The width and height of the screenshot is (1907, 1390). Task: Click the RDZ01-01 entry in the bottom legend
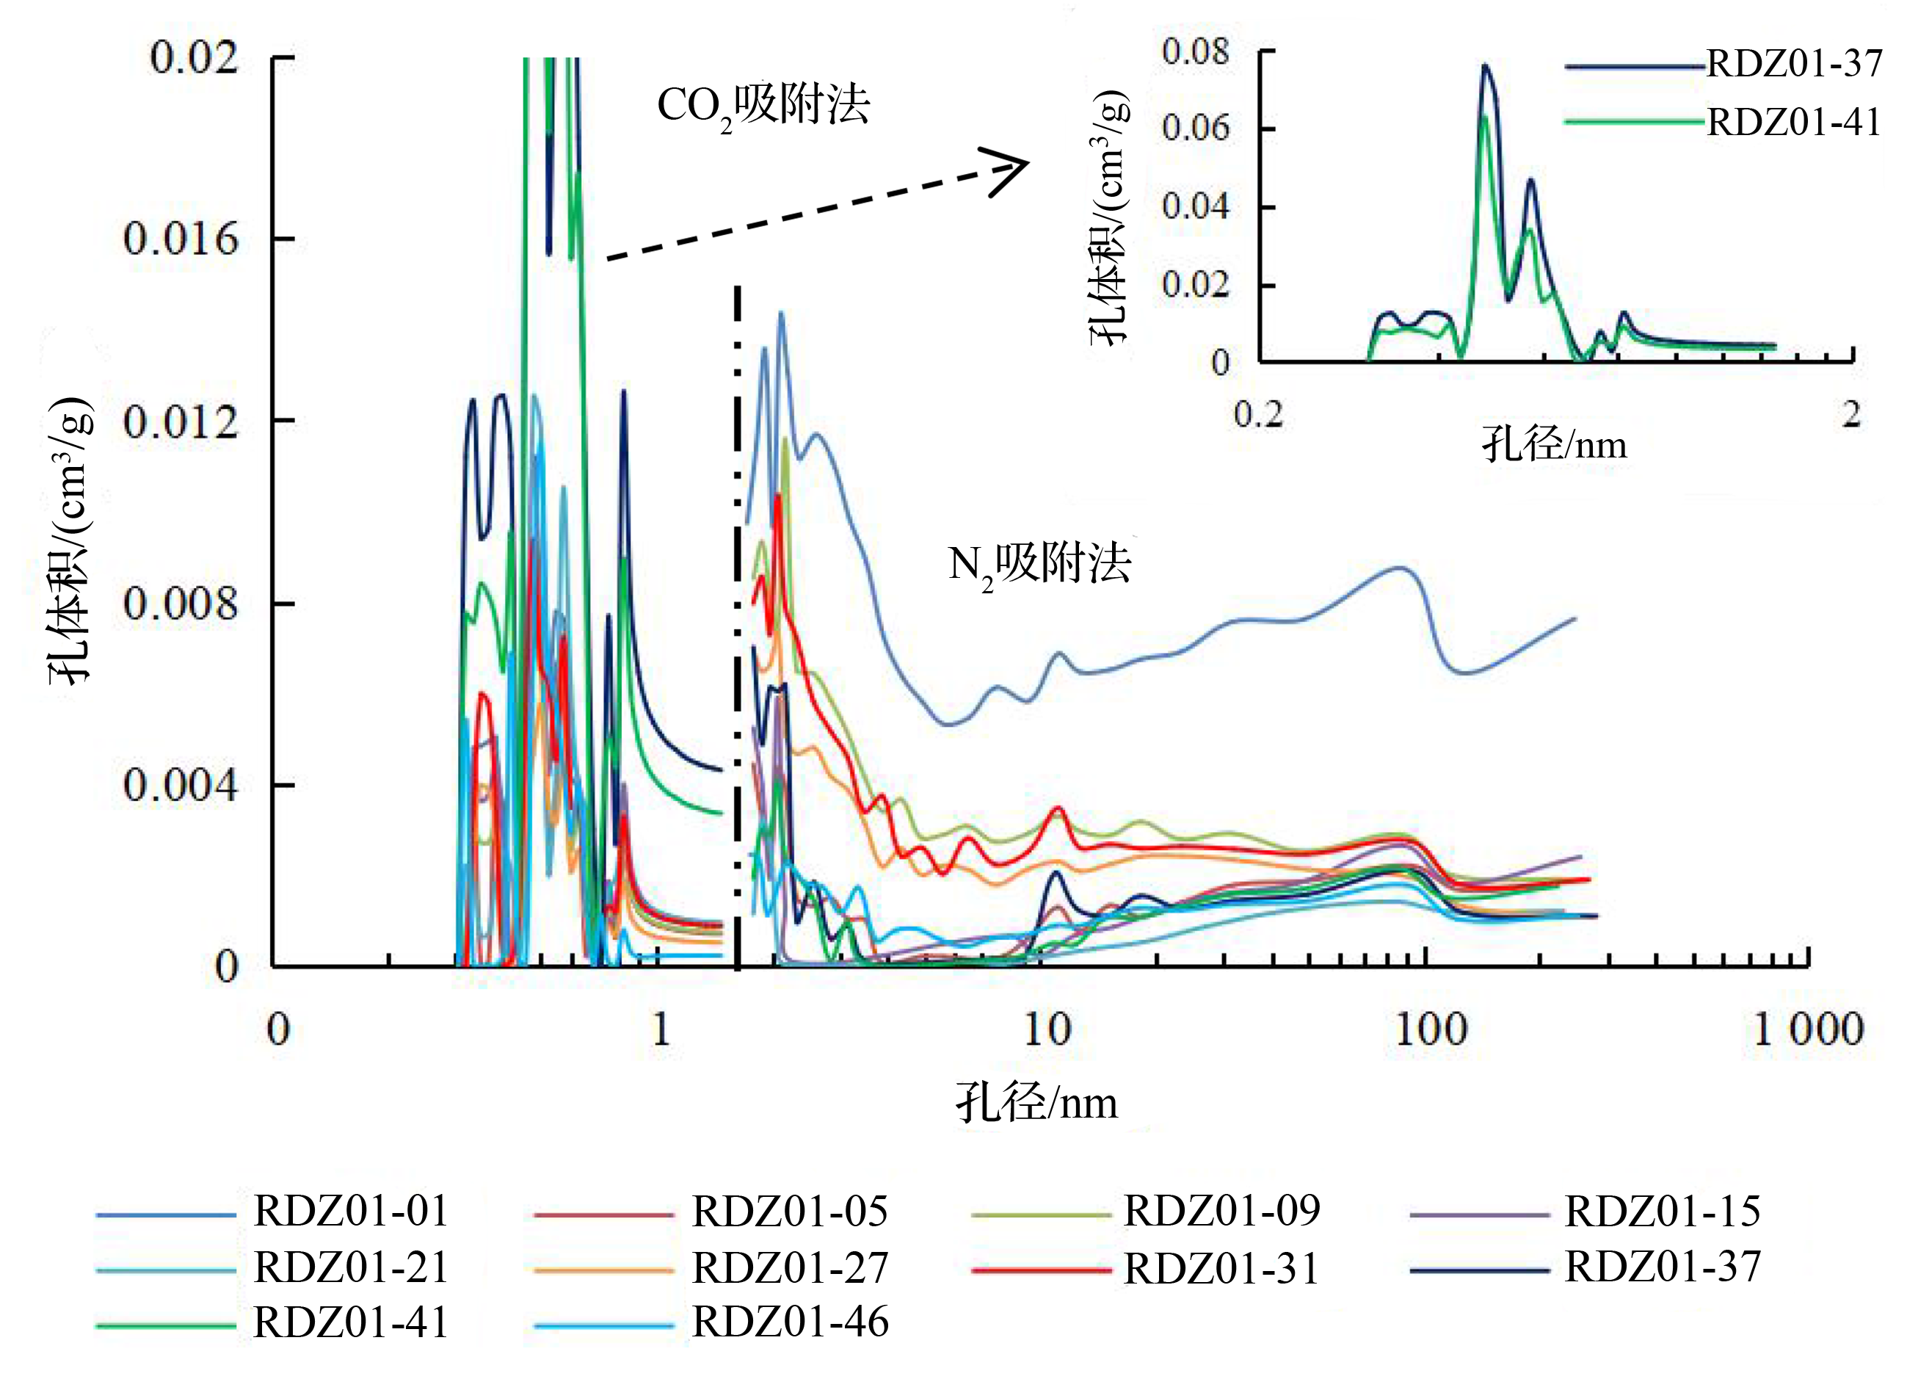(x=351, y=1212)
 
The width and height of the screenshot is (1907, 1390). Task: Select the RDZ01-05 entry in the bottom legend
(x=789, y=1212)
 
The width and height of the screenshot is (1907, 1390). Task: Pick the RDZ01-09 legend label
(x=1221, y=1212)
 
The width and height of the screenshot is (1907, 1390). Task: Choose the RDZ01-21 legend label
(x=351, y=1267)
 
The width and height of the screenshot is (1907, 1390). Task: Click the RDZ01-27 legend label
(x=789, y=1268)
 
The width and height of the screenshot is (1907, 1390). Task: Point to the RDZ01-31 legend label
(x=1221, y=1268)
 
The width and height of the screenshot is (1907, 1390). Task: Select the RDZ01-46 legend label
(x=789, y=1322)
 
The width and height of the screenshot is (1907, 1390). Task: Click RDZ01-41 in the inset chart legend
(x=1793, y=123)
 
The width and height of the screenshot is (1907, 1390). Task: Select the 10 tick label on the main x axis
(x=1047, y=1030)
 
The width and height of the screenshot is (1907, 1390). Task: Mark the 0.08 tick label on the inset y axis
(x=1195, y=52)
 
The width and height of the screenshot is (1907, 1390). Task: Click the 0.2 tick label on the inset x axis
(x=1258, y=415)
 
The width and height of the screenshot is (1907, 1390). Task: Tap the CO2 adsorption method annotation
(x=763, y=107)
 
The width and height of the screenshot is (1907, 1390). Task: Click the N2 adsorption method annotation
(x=1039, y=564)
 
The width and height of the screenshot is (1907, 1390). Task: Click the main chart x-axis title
(x=1036, y=1103)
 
